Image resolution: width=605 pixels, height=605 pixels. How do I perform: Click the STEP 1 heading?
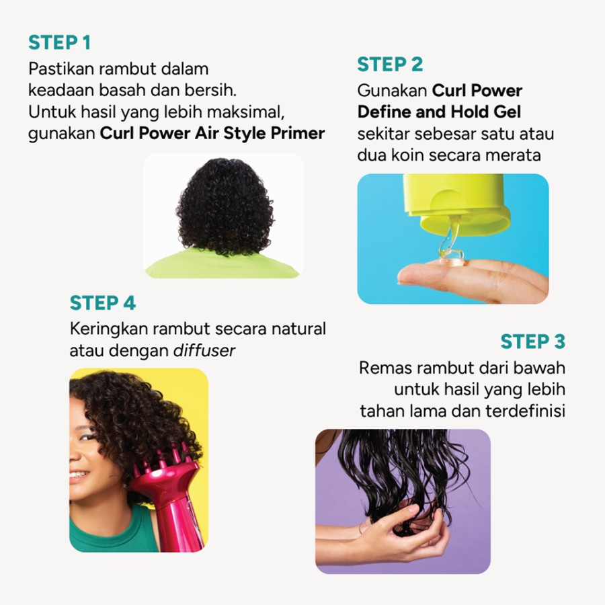pyautogui.click(x=59, y=42)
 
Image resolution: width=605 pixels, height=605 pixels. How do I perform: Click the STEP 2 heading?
pyautogui.click(x=390, y=64)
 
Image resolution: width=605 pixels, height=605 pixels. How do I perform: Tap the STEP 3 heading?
pyautogui.click(x=532, y=341)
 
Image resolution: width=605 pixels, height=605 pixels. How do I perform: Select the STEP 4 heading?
pyautogui.click(x=102, y=303)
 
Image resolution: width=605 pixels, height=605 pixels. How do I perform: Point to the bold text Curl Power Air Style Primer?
pyautogui.click(x=212, y=133)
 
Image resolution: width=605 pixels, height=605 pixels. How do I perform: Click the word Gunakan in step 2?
pyautogui.click(x=392, y=90)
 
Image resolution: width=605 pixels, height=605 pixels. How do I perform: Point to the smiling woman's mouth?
pyautogui.click(x=78, y=475)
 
